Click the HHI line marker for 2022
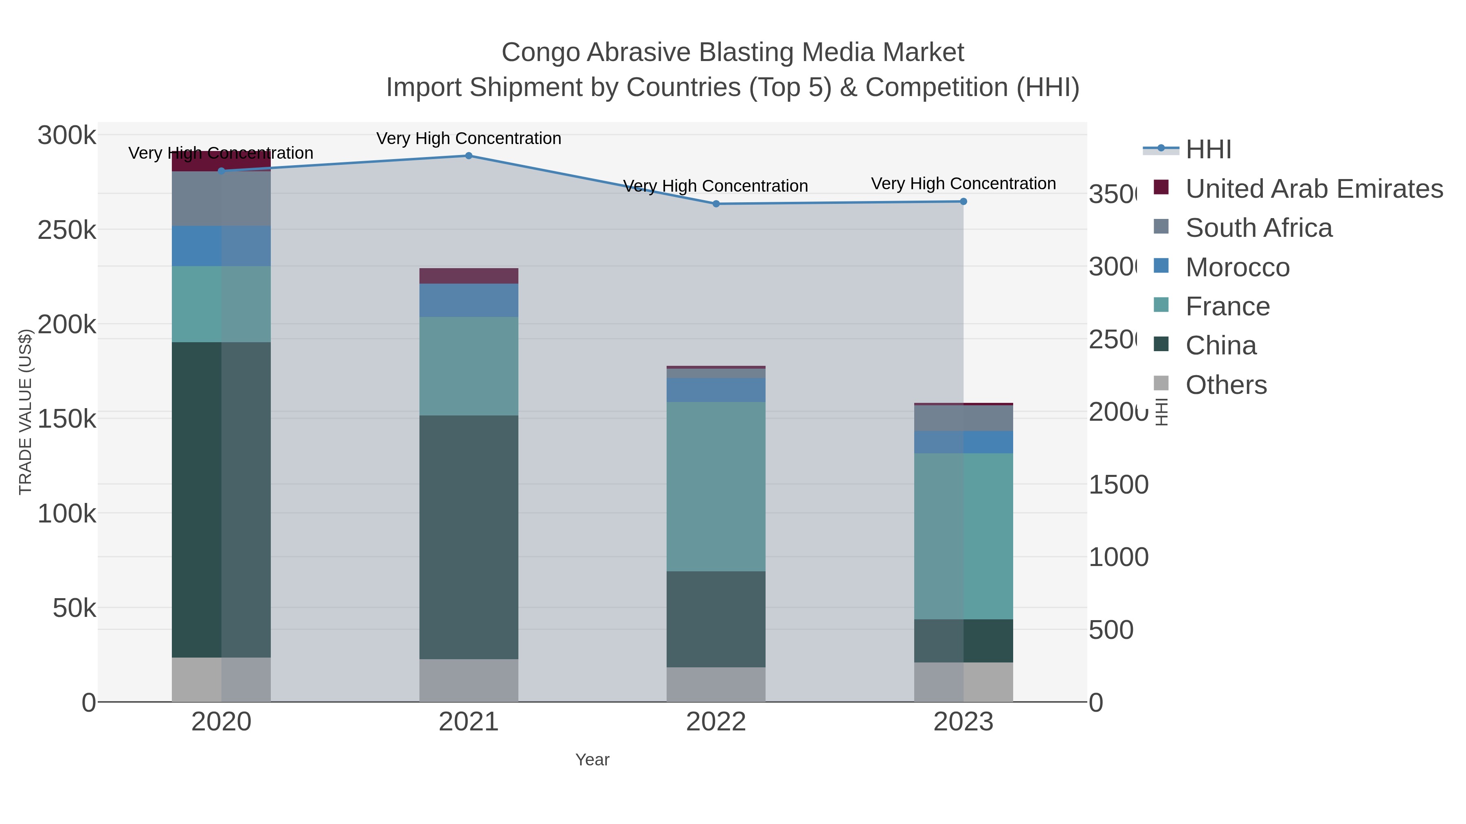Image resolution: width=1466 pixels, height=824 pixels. coord(716,203)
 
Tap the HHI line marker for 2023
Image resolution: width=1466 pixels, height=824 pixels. coord(963,201)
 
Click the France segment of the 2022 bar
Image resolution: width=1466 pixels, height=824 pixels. coord(716,486)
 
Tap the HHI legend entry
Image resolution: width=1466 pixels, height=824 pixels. coord(1208,150)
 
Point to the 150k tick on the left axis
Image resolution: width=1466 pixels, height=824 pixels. coord(67,419)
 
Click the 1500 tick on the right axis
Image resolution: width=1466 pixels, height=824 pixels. coord(1118,485)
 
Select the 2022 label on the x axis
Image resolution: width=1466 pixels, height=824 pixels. coord(716,722)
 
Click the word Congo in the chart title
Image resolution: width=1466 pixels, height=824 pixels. coord(540,52)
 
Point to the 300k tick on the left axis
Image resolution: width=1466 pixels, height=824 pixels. coord(67,136)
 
